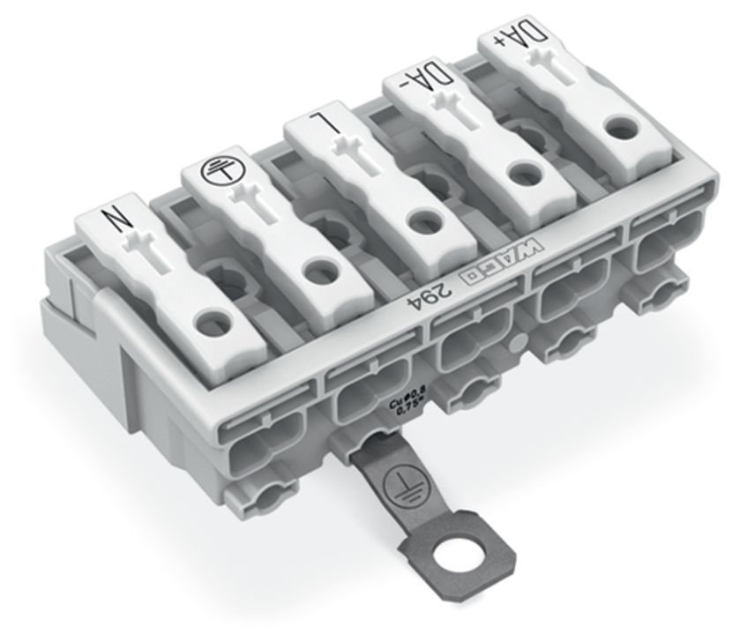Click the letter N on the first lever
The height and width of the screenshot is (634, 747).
tap(116, 216)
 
